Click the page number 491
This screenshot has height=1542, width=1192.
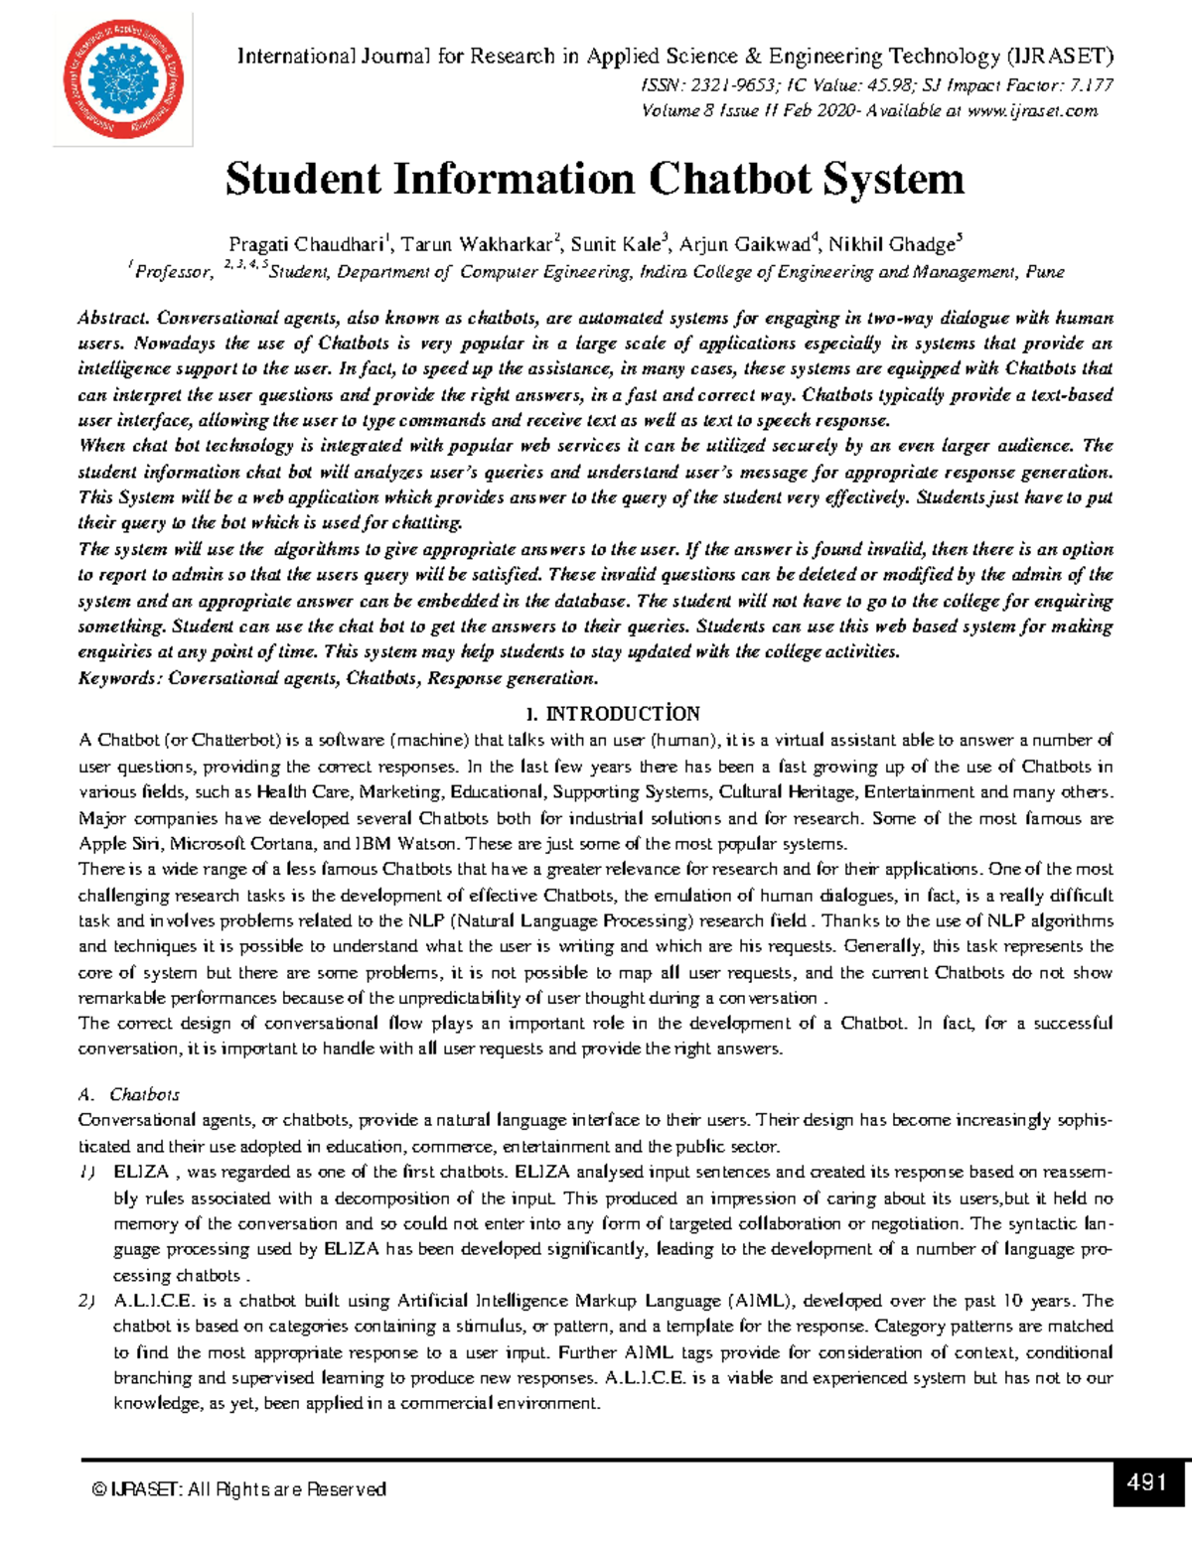pyautogui.click(x=1146, y=1483)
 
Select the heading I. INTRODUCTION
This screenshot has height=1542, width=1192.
pyautogui.click(x=613, y=714)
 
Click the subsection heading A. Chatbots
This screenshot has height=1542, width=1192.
pyautogui.click(x=130, y=1094)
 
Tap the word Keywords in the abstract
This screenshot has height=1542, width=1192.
pyautogui.click(x=117, y=679)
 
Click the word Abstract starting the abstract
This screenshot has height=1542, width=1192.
pyautogui.click(x=112, y=319)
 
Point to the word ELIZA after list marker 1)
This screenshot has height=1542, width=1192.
pyautogui.click(x=141, y=1172)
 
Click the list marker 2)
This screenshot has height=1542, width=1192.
pyautogui.click(x=87, y=1301)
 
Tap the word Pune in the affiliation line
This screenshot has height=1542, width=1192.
pyautogui.click(x=1044, y=272)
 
